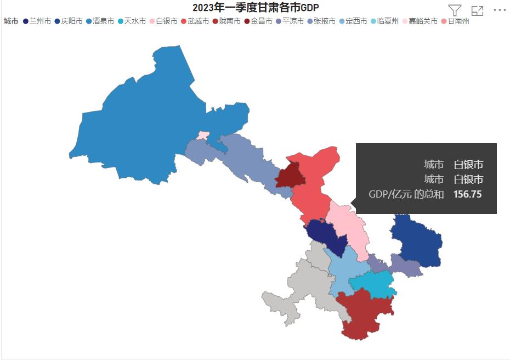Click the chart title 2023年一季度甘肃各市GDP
pyautogui.click(x=256, y=7)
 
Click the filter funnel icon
pyautogui.click(x=455, y=10)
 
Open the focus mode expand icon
pyautogui.click(x=477, y=10)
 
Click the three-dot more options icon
pyautogui.click(x=500, y=10)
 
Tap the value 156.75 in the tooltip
pyautogui.click(x=467, y=194)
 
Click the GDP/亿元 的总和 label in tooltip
pyautogui.click(x=406, y=194)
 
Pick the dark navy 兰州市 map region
pyautogui.click(x=326, y=235)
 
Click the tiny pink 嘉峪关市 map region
pyautogui.click(x=203, y=135)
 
